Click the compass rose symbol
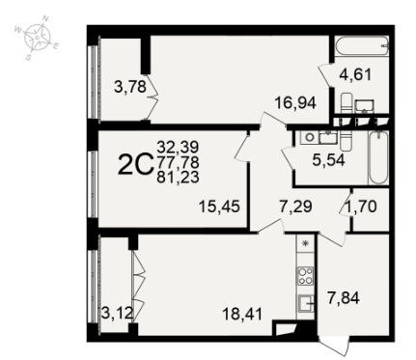[38, 38]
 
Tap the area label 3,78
[130, 87]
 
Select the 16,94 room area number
[295, 103]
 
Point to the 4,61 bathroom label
[355, 75]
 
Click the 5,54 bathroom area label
[328, 160]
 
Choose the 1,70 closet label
[360, 207]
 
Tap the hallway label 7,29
[295, 207]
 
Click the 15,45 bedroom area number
[219, 207]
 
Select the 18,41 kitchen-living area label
[243, 314]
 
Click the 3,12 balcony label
[117, 313]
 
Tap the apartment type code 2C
[135, 164]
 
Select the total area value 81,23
[178, 178]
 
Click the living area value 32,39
[178, 148]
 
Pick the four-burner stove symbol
[306, 276]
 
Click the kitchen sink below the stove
[306, 303]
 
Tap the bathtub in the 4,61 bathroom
[362, 45]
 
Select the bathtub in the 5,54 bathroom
[378, 157]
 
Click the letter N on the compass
[45, 18]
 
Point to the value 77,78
[178, 162]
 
